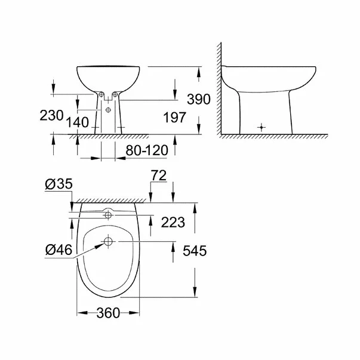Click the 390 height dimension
(x=198, y=100)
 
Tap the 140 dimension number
(x=78, y=122)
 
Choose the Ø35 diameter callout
(x=59, y=185)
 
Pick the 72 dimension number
(x=159, y=176)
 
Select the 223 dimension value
(x=173, y=222)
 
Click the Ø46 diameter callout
(x=59, y=251)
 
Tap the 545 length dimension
(x=195, y=251)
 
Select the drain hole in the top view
(x=108, y=241)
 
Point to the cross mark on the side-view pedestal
(x=261, y=127)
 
